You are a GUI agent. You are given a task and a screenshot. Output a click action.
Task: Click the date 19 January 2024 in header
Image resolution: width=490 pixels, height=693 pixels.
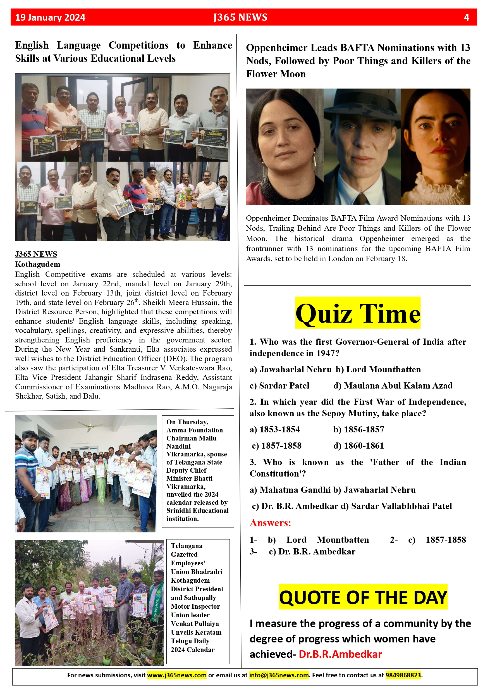(x=50, y=18)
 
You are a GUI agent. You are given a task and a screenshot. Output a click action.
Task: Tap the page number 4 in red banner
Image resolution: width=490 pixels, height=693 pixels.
(x=466, y=18)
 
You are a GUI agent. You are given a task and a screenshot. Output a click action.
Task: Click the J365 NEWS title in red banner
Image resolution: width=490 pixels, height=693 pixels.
(x=240, y=17)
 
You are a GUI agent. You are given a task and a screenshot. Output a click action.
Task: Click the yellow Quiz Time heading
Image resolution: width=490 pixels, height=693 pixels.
(x=358, y=313)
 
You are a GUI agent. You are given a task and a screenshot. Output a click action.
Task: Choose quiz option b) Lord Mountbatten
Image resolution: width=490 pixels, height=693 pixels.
(x=378, y=370)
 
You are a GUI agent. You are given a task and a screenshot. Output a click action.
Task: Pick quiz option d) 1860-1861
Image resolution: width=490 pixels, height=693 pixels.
(x=358, y=446)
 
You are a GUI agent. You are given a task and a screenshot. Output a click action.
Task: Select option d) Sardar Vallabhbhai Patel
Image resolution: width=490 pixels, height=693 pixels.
(x=396, y=506)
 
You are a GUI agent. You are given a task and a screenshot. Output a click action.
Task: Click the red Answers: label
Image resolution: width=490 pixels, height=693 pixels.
(x=270, y=523)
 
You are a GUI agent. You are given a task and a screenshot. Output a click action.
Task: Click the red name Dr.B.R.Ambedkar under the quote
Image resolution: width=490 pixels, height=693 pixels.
(x=340, y=654)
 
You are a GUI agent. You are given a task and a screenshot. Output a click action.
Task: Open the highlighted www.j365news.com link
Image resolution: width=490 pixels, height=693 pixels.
(x=177, y=675)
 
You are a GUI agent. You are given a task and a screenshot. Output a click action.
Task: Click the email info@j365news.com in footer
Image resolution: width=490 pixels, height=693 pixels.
(x=279, y=675)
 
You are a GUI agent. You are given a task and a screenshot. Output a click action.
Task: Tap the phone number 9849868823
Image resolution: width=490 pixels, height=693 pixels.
(x=403, y=675)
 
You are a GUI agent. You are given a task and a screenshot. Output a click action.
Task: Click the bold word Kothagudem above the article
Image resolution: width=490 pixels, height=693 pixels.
(x=38, y=264)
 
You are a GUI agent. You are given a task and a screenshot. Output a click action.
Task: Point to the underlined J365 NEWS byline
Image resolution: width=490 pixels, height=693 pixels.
(x=36, y=254)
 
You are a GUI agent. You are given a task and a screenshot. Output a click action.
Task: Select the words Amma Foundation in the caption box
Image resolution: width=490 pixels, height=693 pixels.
(x=195, y=430)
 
